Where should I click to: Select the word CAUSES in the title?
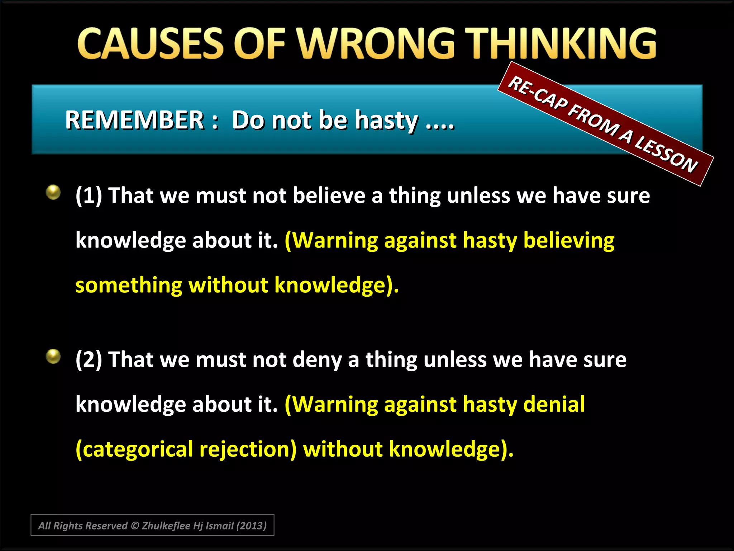[151, 44]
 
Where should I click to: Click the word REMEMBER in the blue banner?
[134, 120]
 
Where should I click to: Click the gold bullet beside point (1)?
[53, 192]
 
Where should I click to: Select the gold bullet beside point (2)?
[53, 356]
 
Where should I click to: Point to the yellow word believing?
[569, 240]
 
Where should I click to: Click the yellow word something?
[129, 286]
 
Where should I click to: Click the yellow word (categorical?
[134, 449]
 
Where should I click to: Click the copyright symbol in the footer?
[135, 526]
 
